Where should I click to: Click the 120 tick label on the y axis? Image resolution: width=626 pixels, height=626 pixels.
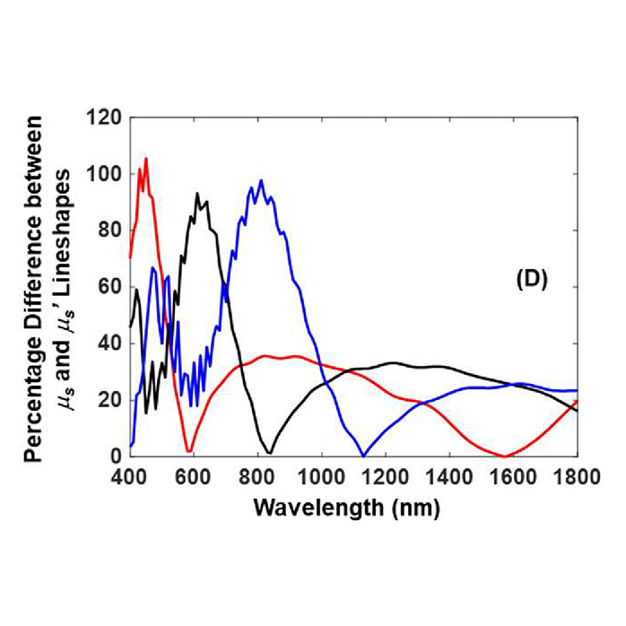pos(108,117)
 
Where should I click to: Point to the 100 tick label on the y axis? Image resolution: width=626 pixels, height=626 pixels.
pos(108,173)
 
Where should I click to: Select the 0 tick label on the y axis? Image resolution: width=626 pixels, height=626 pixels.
pos(117,456)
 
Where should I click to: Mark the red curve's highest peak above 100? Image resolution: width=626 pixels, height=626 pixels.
pos(145,159)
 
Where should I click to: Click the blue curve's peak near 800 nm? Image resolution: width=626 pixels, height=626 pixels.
pos(261,180)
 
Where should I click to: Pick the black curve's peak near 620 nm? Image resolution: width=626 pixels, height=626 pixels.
pos(197,193)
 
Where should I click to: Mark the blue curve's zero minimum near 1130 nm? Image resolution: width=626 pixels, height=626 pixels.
pos(362,455)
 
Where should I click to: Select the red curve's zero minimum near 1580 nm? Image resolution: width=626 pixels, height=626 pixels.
pos(506,456)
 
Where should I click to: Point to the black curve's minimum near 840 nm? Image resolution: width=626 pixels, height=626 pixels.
pos(269,452)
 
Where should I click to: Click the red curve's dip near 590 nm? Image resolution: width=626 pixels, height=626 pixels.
pos(189,451)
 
